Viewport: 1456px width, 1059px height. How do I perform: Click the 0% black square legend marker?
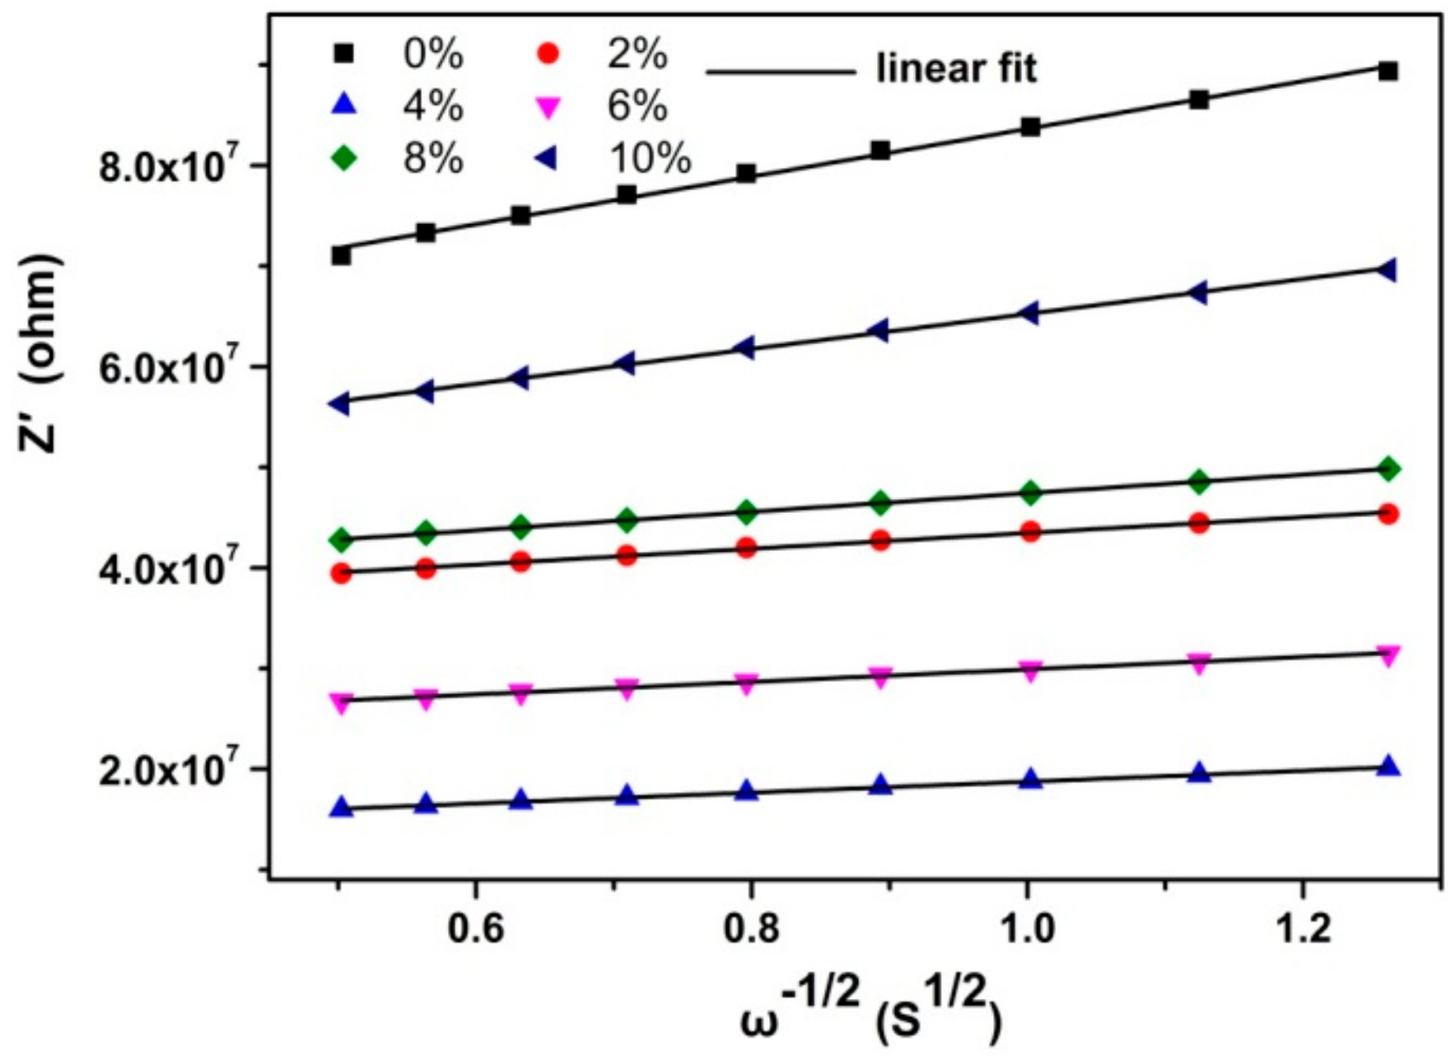point(344,55)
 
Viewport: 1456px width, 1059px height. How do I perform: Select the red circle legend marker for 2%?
point(548,55)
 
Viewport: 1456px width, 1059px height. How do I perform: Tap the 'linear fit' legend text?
point(956,69)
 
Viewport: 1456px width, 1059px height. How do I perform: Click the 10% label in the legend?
point(650,157)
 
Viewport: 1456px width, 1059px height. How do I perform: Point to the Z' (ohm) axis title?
point(41,352)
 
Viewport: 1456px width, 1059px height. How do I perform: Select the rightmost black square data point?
point(1388,71)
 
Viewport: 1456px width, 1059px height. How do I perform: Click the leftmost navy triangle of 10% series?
point(339,404)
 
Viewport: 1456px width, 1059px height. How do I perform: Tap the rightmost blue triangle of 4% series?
point(1388,766)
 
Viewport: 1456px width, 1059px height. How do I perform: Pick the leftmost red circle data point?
point(340,573)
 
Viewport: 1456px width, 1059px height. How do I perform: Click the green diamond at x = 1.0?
point(1030,493)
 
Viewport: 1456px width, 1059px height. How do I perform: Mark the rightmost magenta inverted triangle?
point(1388,656)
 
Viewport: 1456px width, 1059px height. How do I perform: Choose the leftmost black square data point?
point(340,255)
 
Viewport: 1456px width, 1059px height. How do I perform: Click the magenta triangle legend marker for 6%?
point(548,107)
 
